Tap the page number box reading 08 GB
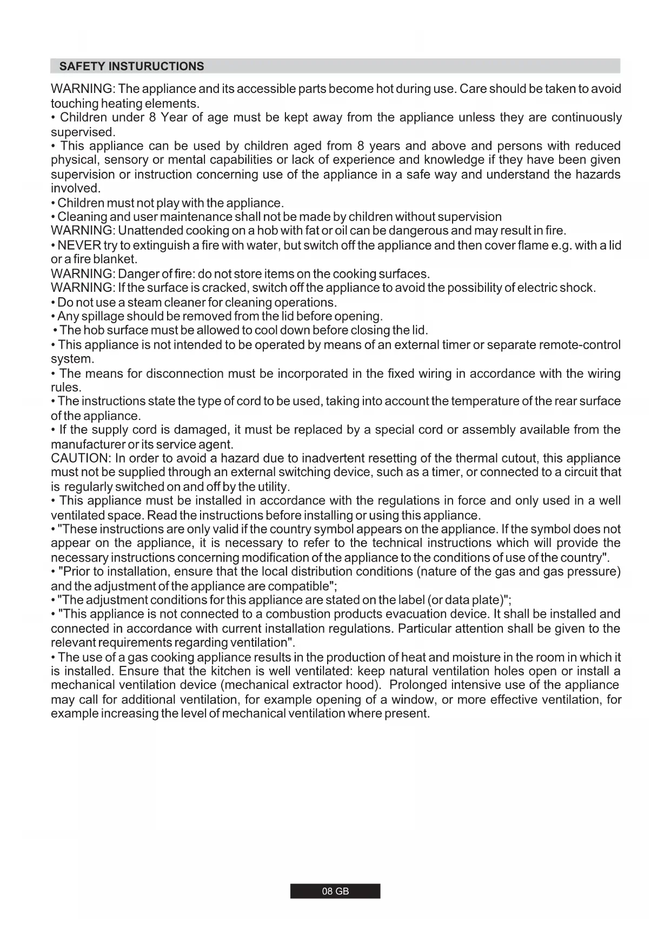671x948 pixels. (x=335, y=891)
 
